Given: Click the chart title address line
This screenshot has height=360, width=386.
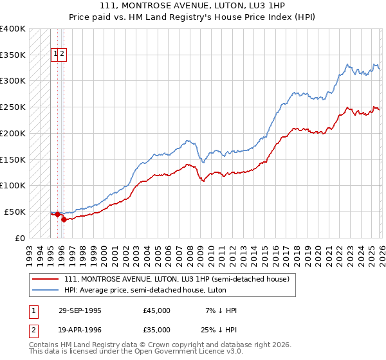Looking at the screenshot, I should tap(193, 4).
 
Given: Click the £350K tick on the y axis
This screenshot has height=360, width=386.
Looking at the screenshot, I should tap(13, 55).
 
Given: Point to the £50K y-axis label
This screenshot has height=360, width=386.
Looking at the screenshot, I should tap(15, 212).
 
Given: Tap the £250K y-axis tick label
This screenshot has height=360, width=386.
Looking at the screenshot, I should tap(13, 107).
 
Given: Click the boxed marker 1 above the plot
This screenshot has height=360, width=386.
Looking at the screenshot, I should tap(55, 55).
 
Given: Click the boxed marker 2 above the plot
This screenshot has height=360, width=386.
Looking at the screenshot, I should tap(62, 55).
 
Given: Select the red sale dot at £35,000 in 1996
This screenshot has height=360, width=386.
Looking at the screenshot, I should tap(64, 219).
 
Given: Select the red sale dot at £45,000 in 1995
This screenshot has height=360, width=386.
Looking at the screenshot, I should tap(58, 214).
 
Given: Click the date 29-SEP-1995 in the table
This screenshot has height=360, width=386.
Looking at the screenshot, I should tap(80, 310).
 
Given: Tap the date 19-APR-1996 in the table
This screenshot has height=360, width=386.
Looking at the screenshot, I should tap(80, 330).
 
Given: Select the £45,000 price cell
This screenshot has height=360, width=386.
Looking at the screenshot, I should tap(157, 310).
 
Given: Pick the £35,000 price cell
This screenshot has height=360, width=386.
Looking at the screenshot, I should tap(157, 330).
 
